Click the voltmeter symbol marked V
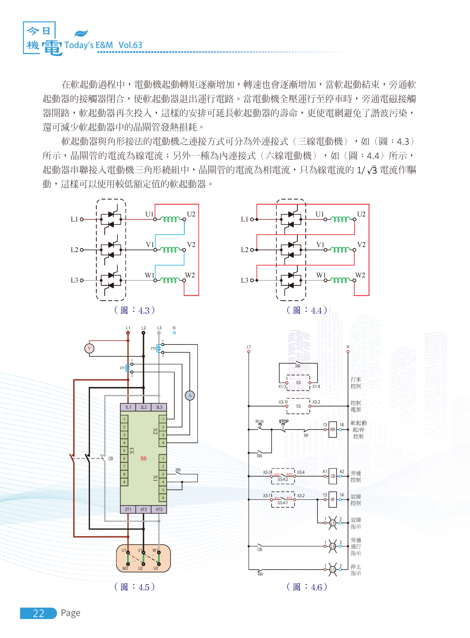tap(89, 348)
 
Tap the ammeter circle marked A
tap(190, 395)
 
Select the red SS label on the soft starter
tap(143, 459)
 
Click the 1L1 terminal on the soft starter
tap(128, 407)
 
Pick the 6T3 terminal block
tap(159, 509)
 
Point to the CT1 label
tap(122, 368)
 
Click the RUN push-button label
tap(259, 421)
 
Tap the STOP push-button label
tap(284, 421)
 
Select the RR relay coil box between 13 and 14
tap(333, 429)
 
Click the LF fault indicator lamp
tap(333, 523)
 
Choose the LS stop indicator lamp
tap(333, 569)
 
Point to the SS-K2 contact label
tap(283, 479)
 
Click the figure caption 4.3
tap(135, 310)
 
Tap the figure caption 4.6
tap(307, 587)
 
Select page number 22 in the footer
tap(38, 613)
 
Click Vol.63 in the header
tap(130, 45)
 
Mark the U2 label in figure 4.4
tap(361, 214)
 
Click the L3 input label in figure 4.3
tap(74, 280)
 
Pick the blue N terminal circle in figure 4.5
tap(174, 333)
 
